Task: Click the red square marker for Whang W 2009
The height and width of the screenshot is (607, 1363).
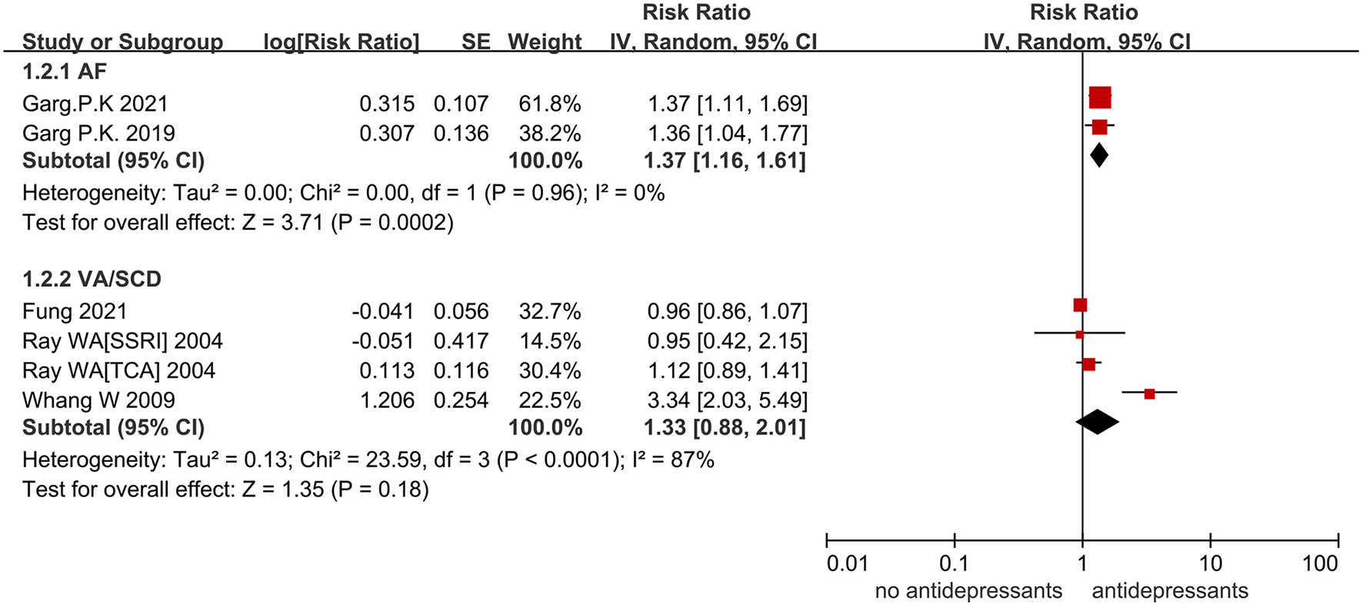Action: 1149,393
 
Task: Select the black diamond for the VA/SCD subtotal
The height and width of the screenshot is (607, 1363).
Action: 1097,422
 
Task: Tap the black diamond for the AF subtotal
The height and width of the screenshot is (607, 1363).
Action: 1099,155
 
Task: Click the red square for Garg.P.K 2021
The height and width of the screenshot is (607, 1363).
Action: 1100,98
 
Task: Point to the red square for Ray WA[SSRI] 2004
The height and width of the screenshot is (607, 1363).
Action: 1079,334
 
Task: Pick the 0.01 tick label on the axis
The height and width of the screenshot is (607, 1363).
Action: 847,564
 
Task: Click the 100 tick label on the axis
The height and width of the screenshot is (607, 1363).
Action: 1320,564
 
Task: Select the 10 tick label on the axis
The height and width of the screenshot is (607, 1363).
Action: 1210,564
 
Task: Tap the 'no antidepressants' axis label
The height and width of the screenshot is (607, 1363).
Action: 968,591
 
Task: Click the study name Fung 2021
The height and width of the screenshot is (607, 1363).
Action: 75,311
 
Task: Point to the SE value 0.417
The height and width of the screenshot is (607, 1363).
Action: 461,340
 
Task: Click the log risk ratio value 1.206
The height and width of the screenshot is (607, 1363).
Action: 386,400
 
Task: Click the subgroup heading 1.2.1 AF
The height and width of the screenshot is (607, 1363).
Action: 65,71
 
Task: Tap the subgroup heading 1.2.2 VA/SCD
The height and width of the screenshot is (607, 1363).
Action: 92,279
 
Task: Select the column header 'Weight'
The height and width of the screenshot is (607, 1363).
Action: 545,41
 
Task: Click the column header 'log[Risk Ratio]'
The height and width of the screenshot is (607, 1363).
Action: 342,41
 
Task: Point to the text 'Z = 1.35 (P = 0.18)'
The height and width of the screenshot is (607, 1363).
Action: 335,489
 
